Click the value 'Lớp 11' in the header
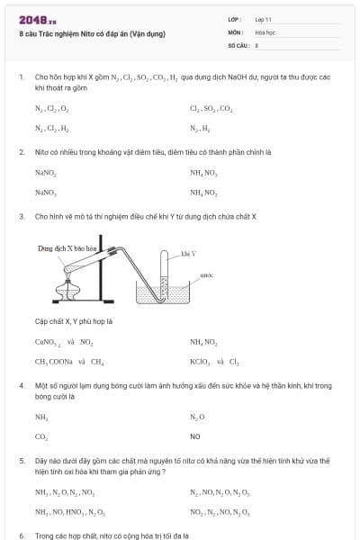(x=262, y=19)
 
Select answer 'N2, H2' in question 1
(x=200, y=129)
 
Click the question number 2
(x=21, y=151)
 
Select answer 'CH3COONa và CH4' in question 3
(x=69, y=362)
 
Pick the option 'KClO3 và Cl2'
(x=214, y=362)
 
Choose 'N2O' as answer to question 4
(x=197, y=417)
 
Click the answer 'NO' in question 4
(x=194, y=436)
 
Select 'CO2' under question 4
(x=41, y=436)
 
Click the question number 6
(x=21, y=535)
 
